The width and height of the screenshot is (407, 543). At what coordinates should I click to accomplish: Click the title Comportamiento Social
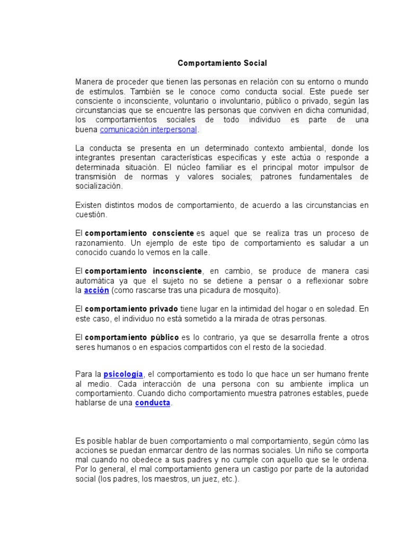pos(222,63)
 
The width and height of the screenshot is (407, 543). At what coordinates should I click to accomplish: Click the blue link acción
pos(96,290)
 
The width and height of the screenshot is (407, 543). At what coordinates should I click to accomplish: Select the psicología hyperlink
pos(123,374)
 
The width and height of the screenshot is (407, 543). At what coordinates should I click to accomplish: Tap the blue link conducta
pos(153,402)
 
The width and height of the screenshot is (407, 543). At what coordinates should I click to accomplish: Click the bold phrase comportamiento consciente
pos(139,233)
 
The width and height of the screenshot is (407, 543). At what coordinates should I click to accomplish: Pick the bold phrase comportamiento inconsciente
pos(144,271)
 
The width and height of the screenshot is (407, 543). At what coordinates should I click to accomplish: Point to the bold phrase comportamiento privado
pos(131,309)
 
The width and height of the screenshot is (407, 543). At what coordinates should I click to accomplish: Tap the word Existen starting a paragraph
pos(89,205)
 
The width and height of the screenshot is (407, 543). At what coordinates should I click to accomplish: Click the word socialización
pos(99,186)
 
